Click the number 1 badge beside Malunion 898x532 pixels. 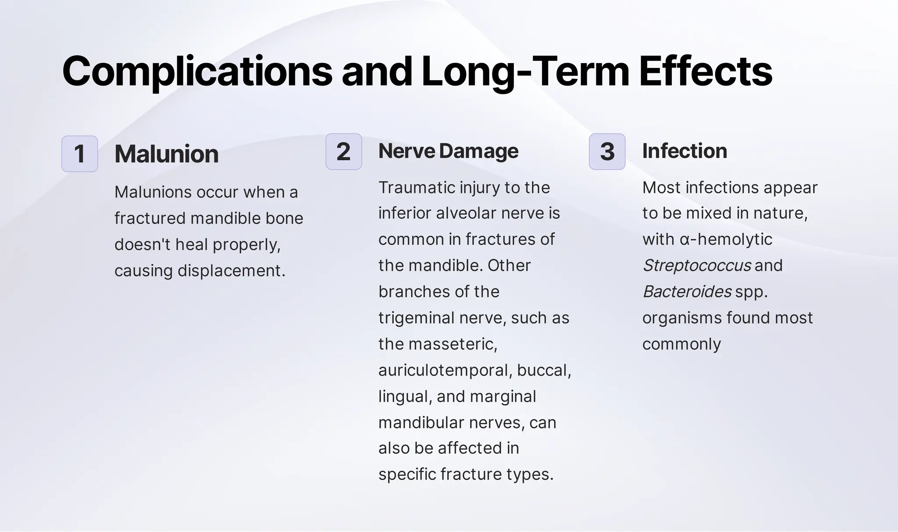tap(79, 154)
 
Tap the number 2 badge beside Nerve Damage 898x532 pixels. tap(343, 151)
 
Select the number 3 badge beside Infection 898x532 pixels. tap(607, 151)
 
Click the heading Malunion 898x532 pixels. tap(166, 154)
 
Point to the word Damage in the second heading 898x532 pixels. tap(478, 151)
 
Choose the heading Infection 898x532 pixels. tap(684, 151)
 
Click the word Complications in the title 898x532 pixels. tap(197, 71)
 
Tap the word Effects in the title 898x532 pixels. tap(705, 71)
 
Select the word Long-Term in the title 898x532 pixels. tap(525, 71)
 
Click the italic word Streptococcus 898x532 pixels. tap(696, 265)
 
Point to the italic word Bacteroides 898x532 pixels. tap(687, 291)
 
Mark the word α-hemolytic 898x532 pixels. tap(726, 239)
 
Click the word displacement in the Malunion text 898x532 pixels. tap(231, 271)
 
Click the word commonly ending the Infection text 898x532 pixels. tap(681, 344)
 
